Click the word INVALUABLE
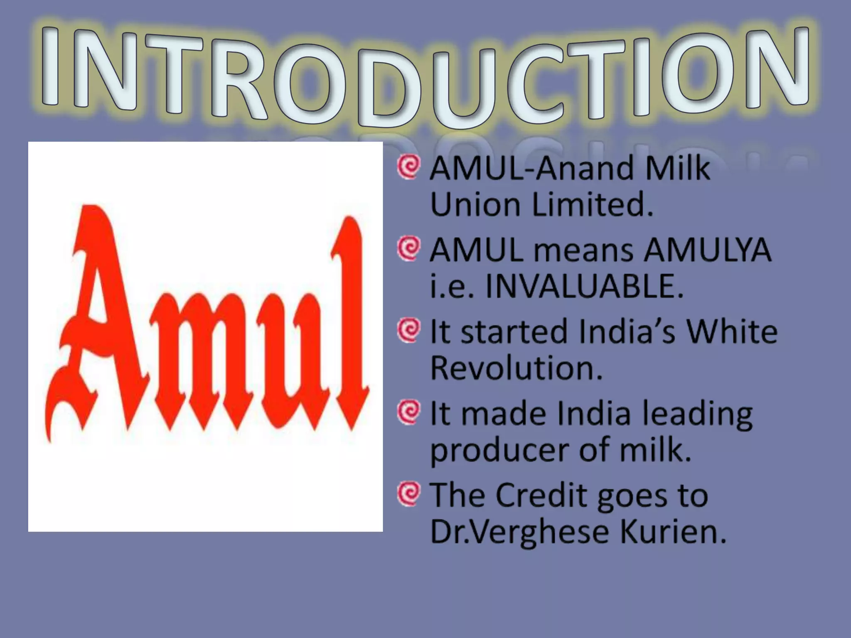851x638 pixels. tap(584, 287)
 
